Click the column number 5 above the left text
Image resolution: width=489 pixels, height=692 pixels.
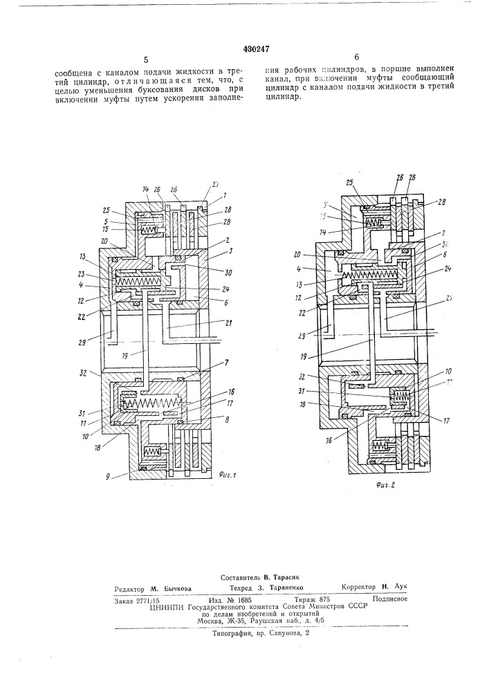[146, 61]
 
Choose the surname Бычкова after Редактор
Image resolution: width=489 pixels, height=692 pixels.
[173, 588]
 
